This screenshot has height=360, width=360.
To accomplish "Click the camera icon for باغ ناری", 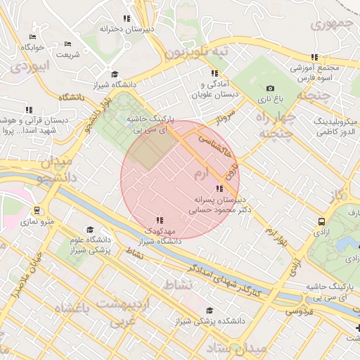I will click(x=270, y=88).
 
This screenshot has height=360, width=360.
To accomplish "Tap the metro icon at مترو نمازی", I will click(x=36, y=210).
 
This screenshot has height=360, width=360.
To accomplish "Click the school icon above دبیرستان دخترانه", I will click(x=127, y=18).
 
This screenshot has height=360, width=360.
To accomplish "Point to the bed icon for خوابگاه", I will click(x=32, y=37).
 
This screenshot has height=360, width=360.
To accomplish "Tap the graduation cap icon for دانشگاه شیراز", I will click(x=115, y=75).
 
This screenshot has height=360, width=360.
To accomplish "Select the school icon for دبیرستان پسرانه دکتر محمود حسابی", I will click(x=220, y=188).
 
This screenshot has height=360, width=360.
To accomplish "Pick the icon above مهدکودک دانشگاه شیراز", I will click(x=160, y=220).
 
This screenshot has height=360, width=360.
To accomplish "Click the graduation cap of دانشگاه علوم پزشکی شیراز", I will click(x=89, y=230).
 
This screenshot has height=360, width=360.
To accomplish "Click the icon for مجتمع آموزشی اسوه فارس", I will click(x=315, y=57).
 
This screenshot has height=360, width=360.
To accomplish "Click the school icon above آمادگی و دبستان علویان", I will click(x=214, y=73).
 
